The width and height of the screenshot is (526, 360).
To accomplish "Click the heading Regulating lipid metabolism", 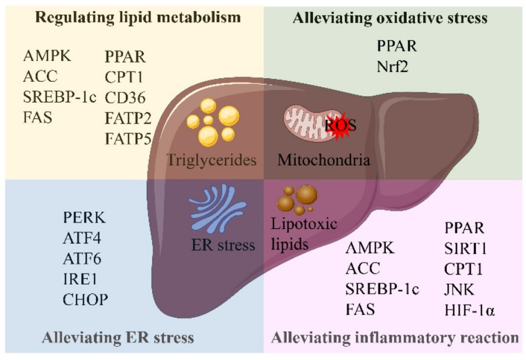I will click(133, 17).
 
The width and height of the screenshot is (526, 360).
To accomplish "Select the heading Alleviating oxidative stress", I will click(389, 18).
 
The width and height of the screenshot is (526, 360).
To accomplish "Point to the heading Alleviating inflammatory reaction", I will click(396, 337).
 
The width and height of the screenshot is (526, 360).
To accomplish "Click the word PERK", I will click(85, 219).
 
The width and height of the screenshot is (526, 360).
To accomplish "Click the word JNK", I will click(460, 289).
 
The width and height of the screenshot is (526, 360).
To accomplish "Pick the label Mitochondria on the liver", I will click(324, 159).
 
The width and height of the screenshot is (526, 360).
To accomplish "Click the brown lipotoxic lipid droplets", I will click(298, 199).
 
